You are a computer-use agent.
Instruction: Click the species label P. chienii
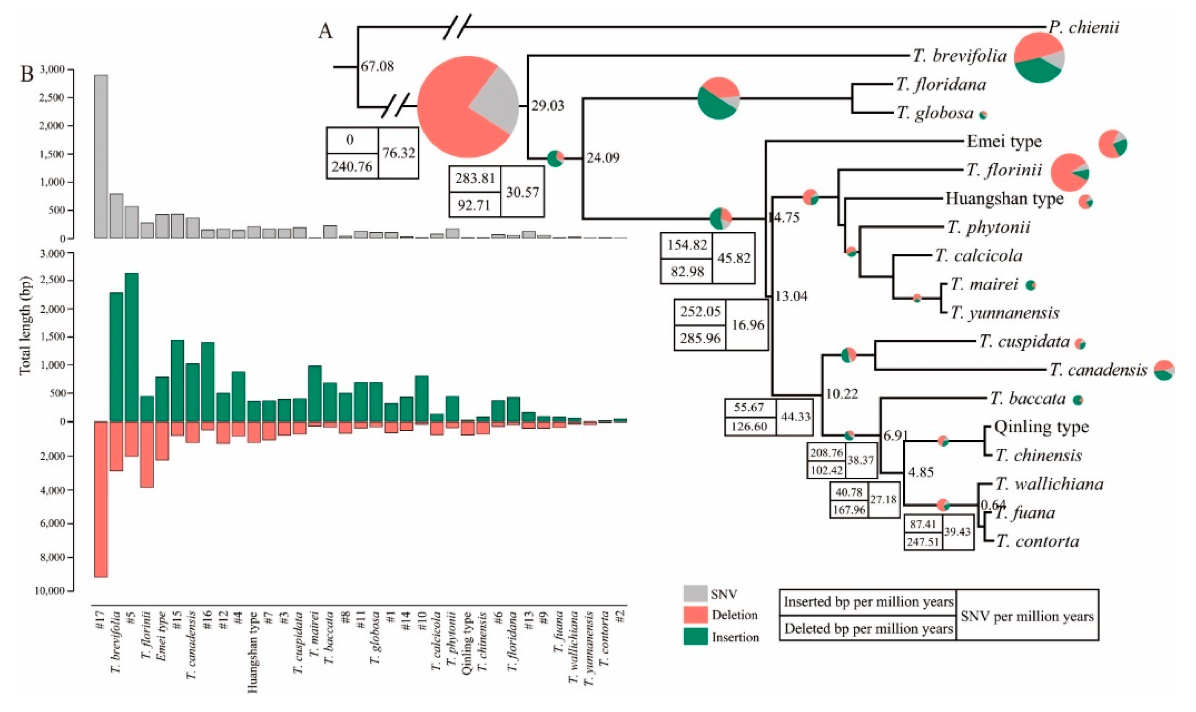1083,27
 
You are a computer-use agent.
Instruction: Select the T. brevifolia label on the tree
959,56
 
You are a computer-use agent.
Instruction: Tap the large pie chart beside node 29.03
467,107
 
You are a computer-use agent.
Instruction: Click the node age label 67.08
377,66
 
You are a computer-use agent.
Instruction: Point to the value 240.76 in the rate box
352,167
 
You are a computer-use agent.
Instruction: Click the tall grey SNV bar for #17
101,156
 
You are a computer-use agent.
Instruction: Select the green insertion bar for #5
131,347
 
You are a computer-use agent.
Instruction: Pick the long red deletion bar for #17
101,499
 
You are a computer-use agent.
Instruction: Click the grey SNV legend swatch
695,594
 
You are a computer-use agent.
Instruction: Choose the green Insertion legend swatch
695,636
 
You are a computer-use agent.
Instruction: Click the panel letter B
27,75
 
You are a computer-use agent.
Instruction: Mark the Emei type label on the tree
1004,142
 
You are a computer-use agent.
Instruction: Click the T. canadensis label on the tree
1098,370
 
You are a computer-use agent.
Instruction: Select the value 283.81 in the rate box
475,178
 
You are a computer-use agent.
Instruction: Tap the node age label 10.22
842,394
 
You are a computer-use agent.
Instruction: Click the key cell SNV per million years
1027,616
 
